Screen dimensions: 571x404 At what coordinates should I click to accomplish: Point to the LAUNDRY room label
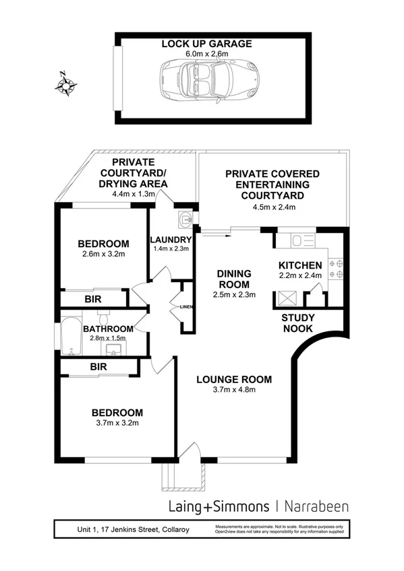coord(171,239)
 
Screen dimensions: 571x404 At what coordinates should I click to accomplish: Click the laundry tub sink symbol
coord(186,219)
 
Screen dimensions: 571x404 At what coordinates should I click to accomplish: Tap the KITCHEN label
coord(300,265)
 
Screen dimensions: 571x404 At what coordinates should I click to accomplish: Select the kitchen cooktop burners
coord(335,269)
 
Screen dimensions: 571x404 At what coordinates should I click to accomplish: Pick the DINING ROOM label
coord(234,278)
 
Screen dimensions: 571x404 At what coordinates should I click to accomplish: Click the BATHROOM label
coord(108,329)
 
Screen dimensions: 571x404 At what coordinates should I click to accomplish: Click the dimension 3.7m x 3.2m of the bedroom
coord(117,424)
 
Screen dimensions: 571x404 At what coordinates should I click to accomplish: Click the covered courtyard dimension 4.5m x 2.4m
coord(272,206)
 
